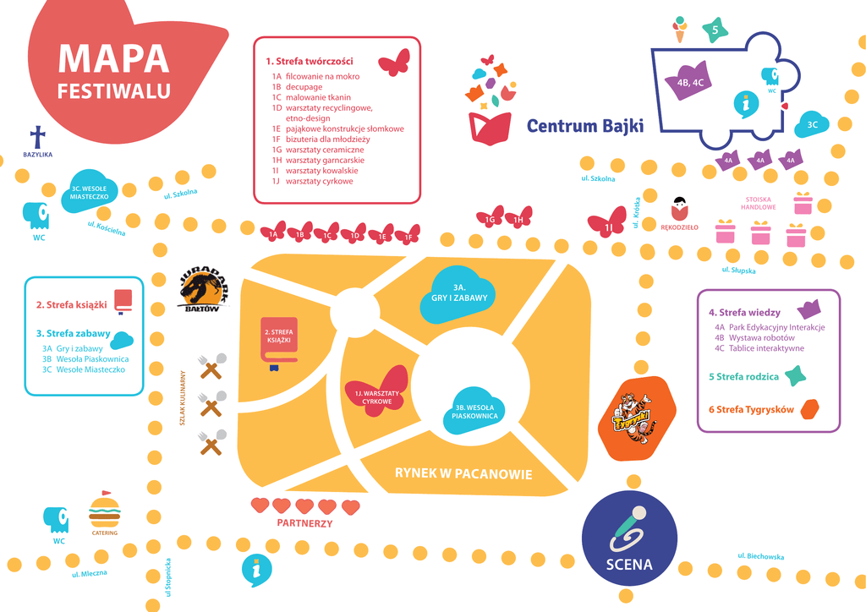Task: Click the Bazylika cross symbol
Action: tap(36, 136)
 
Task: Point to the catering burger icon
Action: tap(105, 510)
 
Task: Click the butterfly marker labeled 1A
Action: tap(274, 232)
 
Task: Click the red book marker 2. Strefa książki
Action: tap(280, 342)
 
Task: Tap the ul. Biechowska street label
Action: tap(760, 556)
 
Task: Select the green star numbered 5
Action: tap(715, 30)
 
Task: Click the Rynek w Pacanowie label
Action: tap(463, 473)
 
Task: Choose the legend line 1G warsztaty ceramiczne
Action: tap(318, 149)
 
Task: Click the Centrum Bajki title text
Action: tap(584, 126)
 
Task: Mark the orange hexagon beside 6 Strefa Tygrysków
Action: tap(810, 409)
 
